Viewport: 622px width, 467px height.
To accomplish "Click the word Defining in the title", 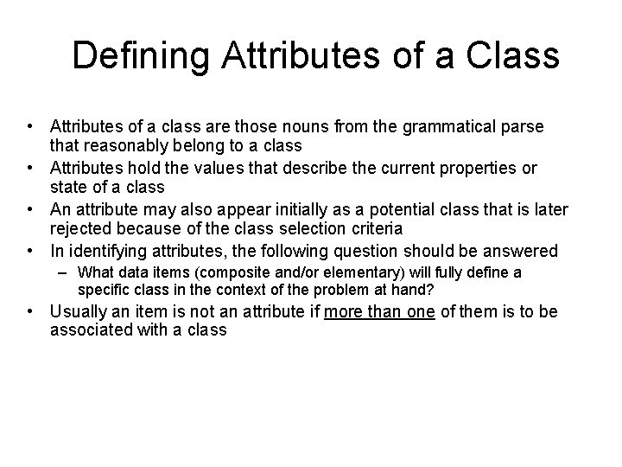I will point(141,55).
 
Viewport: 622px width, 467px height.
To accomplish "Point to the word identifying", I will point(102,251).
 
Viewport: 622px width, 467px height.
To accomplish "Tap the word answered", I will point(519,251).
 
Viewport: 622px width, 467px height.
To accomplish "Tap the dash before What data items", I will point(67,273).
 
